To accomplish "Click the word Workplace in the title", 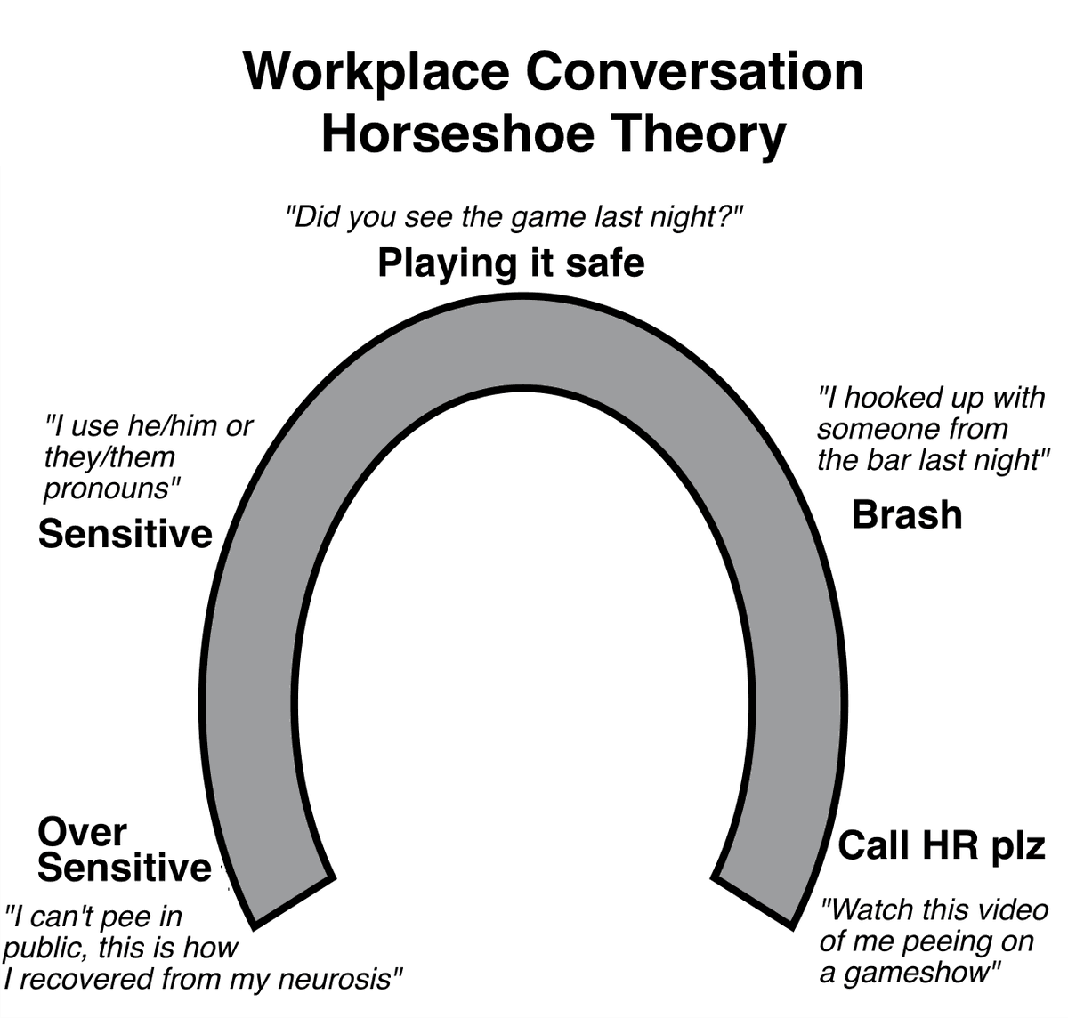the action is tap(376, 73).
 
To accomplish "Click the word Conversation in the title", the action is tap(694, 72).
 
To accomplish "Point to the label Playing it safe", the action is tap(511, 263).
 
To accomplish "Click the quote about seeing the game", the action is tap(514, 218).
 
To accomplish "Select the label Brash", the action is tap(907, 514).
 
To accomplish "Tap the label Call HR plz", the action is tap(942, 844).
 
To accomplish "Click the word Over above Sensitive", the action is tap(82, 832).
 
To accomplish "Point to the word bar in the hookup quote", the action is tap(889, 460).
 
